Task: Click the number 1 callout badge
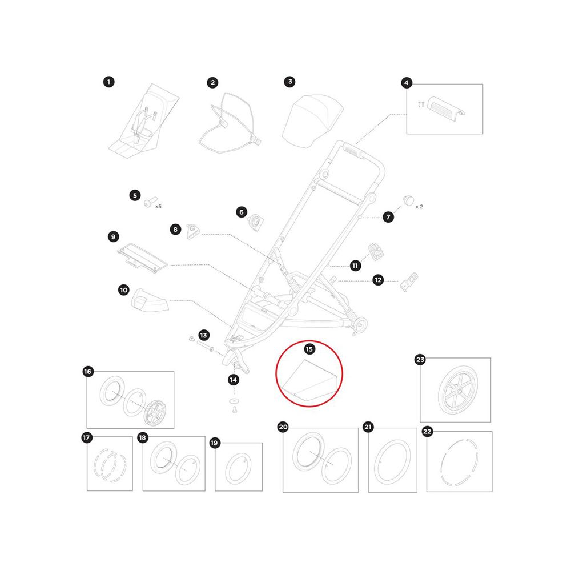(108, 82)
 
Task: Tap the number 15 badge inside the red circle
(309, 349)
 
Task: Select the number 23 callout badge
(420, 360)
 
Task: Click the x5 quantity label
(158, 207)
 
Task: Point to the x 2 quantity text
(419, 207)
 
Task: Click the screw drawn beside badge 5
(150, 202)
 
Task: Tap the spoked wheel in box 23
(458, 390)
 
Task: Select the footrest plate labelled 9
(142, 258)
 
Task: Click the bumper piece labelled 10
(149, 300)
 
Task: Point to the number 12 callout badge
(378, 280)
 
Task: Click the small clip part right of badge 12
(409, 282)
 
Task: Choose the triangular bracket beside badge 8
(192, 231)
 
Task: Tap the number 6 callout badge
(242, 212)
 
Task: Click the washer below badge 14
(234, 401)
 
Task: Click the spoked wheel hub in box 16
(155, 413)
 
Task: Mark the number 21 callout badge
(368, 427)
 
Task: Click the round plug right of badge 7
(409, 200)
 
